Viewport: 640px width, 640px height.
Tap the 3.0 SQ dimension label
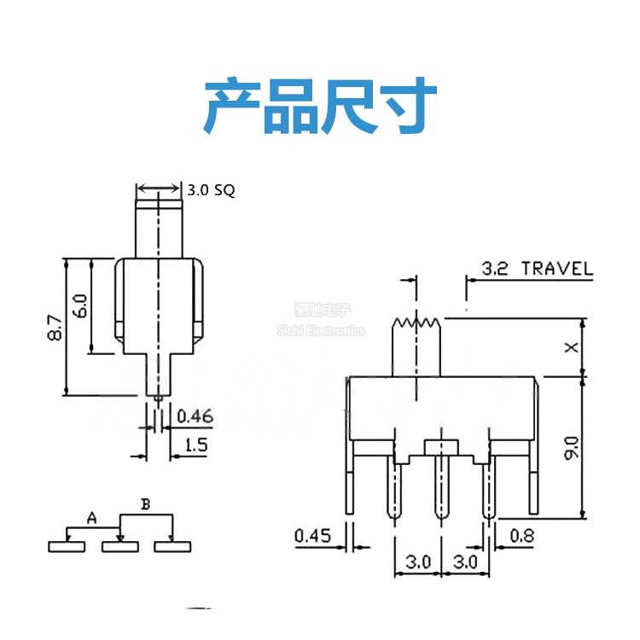tap(211, 191)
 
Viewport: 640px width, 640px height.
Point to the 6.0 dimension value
tap(79, 305)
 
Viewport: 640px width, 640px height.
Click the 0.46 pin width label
tap(195, 417)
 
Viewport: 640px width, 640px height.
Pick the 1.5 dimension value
tap(195, 445)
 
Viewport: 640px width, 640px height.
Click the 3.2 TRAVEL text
tap(537, 269)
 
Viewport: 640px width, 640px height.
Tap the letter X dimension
tap(573, 346)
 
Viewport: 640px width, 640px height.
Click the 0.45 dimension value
tap(312, 536)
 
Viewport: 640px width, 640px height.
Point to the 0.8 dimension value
tap(521, 536)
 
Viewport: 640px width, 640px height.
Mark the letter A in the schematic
tap(91, 517)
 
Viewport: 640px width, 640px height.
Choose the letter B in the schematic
tap(145, 504)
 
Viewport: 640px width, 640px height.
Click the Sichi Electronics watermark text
tap(321, 330)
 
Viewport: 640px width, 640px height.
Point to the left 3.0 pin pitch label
tap(417, 563)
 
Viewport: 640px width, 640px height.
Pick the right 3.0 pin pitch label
tap(465, 563)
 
